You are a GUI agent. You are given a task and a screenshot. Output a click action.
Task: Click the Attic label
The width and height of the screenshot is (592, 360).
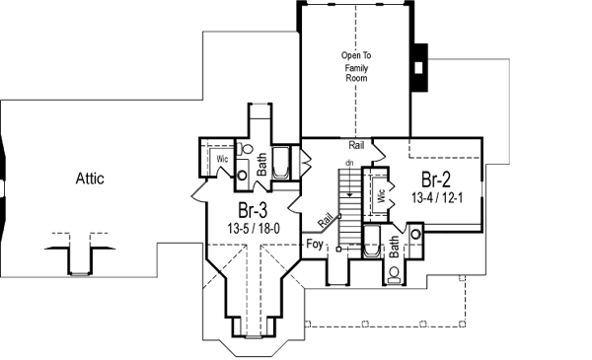coord(89,179)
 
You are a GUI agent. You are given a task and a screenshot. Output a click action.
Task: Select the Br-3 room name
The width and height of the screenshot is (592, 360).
coord(254,210)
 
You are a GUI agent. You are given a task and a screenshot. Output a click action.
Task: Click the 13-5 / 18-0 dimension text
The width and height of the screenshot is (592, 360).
coord(254,228)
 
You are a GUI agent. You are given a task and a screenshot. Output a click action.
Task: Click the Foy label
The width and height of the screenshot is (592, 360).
coord(315,243)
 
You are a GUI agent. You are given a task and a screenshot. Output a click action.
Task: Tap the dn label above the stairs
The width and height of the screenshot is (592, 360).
coord(349,162)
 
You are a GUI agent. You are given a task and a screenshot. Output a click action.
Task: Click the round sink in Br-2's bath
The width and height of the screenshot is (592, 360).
coord(415,235)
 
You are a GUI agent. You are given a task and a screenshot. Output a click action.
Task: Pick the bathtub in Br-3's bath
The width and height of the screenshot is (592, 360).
coord(280,163)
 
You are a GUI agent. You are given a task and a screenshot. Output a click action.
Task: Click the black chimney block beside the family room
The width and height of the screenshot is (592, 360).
coord(418,68)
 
